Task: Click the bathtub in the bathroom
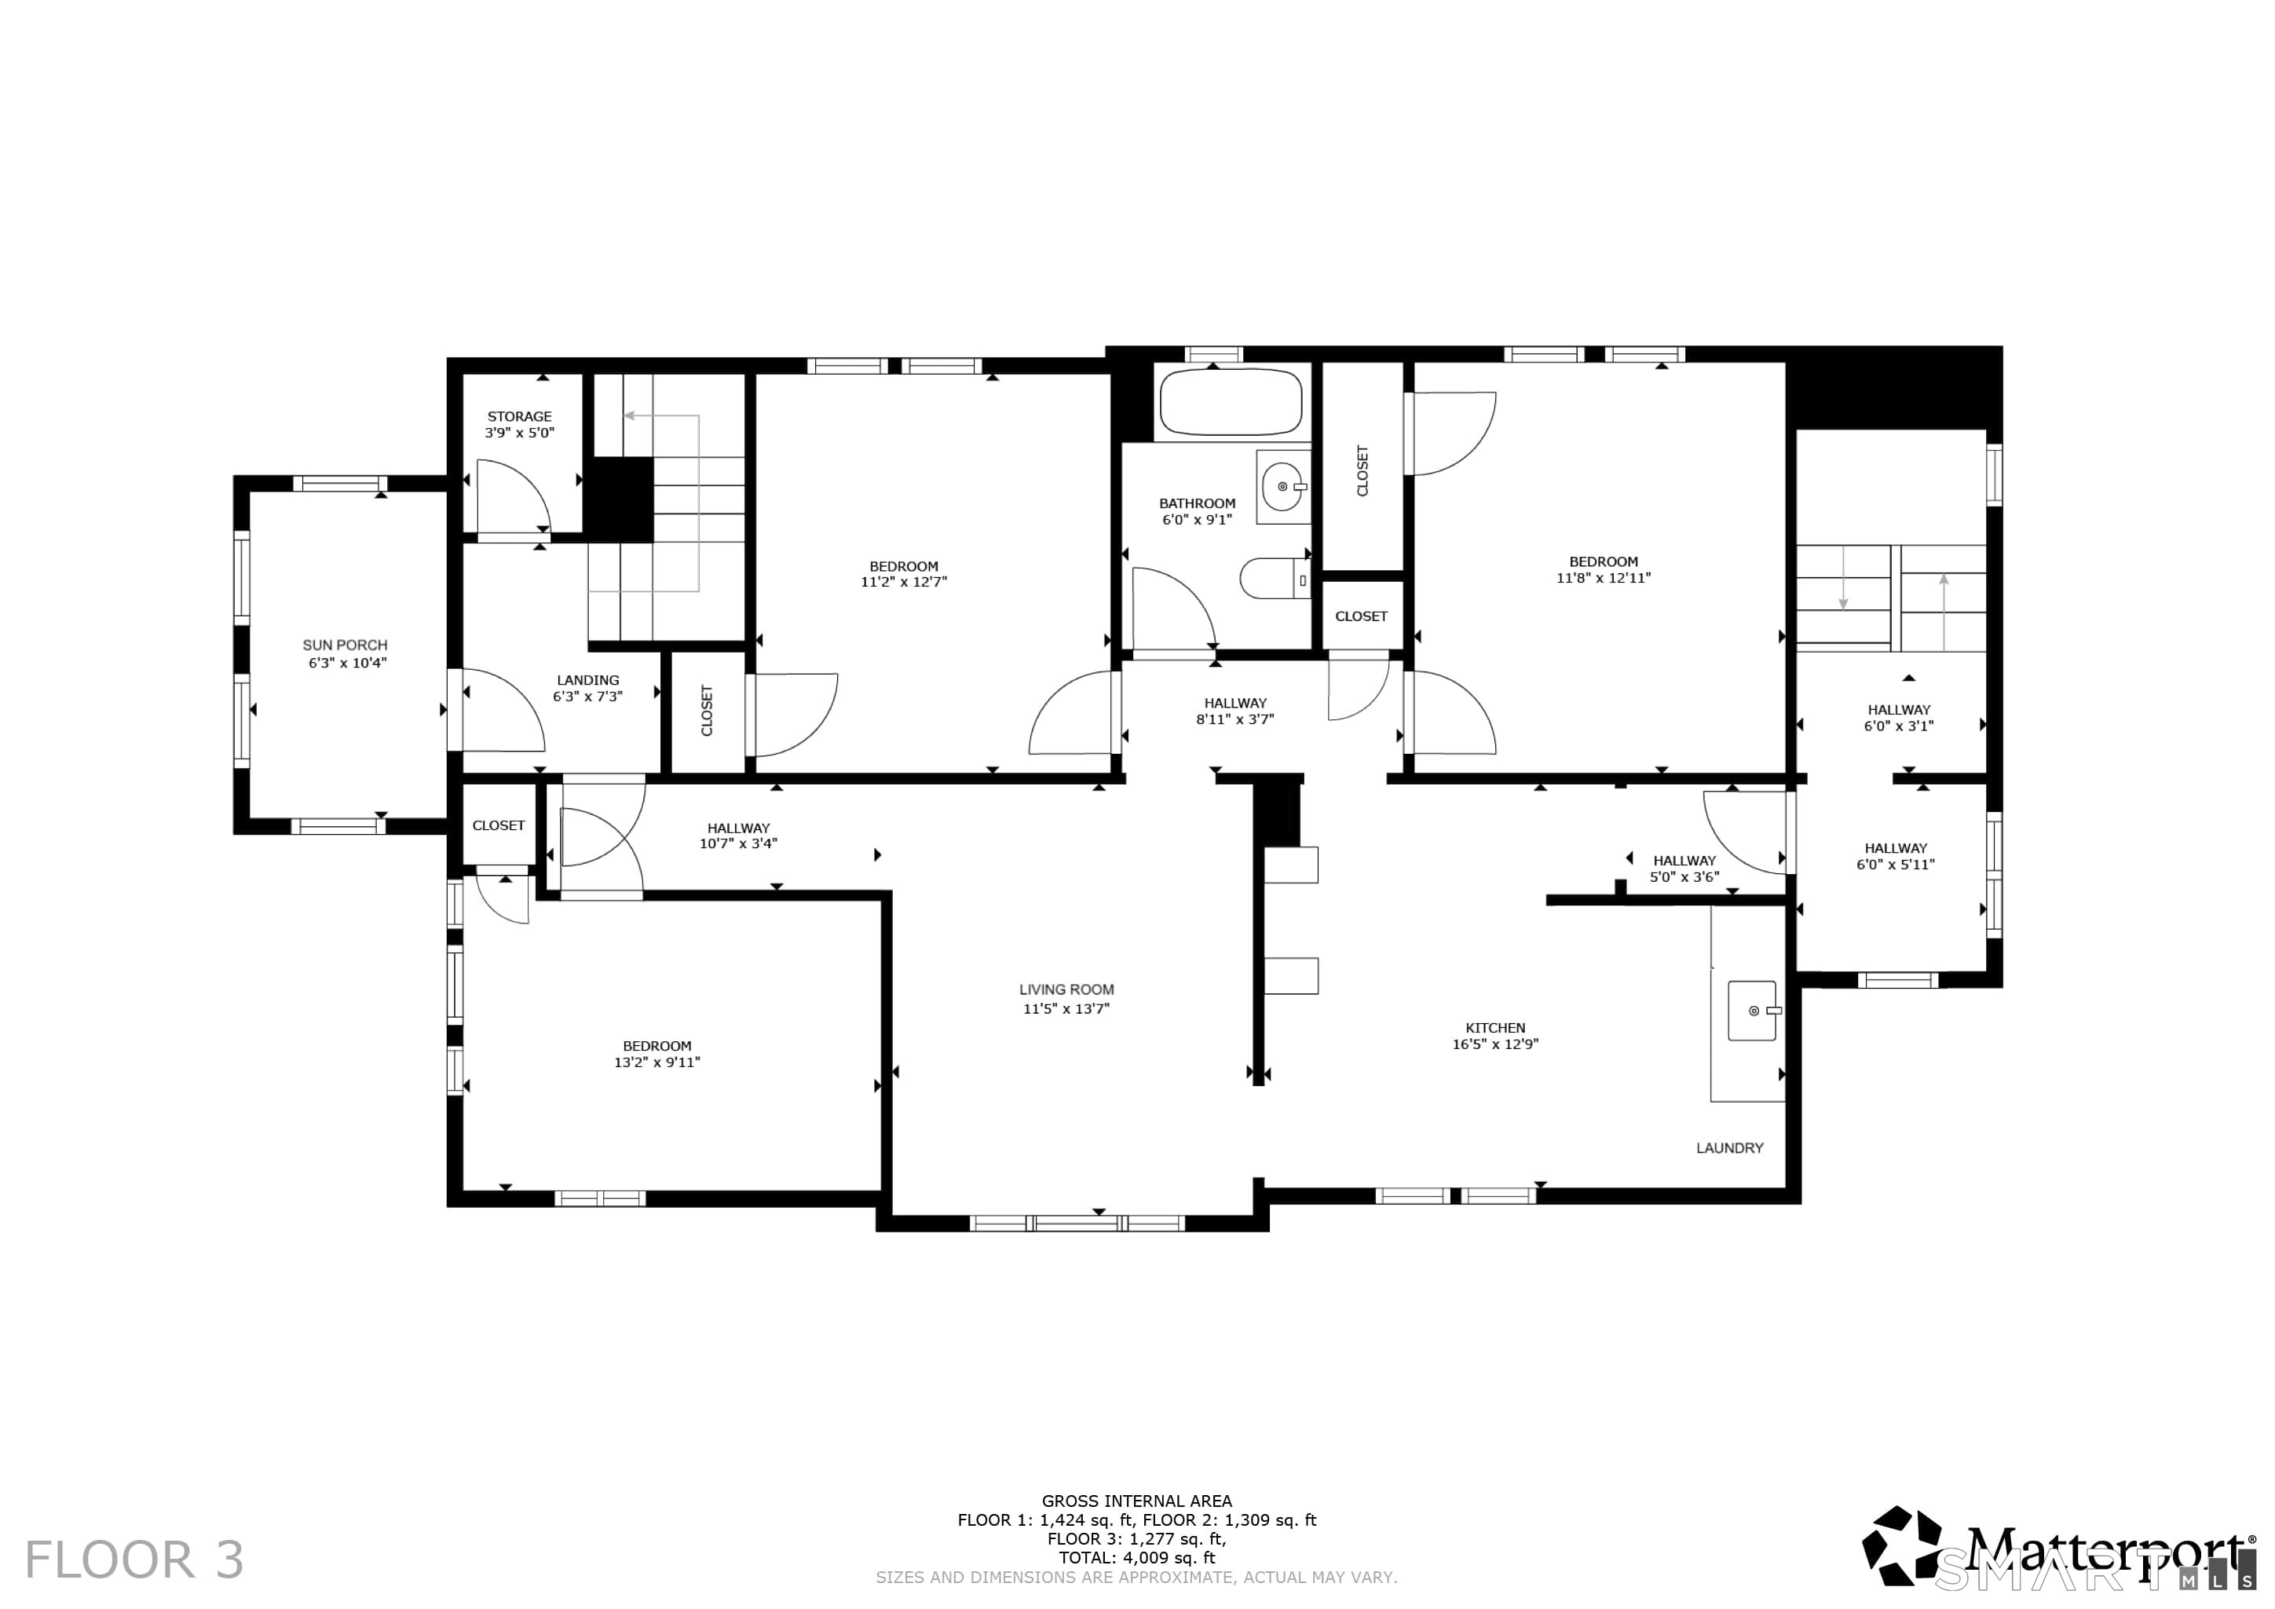tap(1230, 401)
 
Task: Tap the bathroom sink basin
tap(1283, 486)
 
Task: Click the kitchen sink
tap(1753, 1011)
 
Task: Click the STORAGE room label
tap(519, 416)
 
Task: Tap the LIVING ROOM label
tap(1066, 989)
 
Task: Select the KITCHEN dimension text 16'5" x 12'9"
tap(1495, 1044)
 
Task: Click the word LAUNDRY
tap(1730, 1147)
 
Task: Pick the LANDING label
tap(587, 680)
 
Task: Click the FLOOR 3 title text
tap(134, 1560)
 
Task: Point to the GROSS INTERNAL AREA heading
tap(1136, 1501)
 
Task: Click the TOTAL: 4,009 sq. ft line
tap(1136, 1557)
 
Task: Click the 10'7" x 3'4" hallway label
tap(738, 844)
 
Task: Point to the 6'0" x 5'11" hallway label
tap(1896, 864)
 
